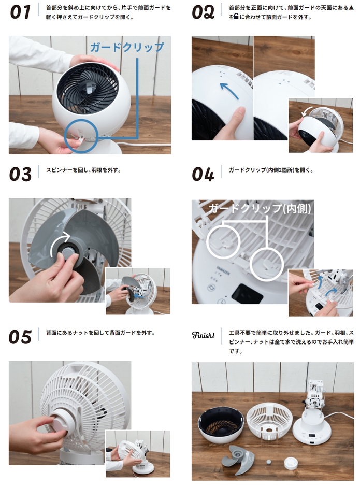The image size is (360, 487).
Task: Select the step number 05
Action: (x=20, y=337)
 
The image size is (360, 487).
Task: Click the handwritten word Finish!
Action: (x=203, y=336)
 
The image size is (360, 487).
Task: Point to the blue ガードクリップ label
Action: (x=127, y=47)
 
